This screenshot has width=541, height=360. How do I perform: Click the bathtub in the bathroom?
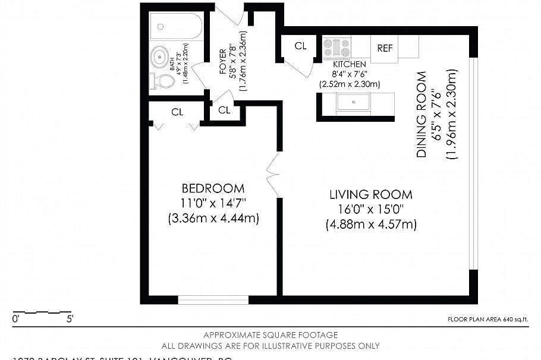click(x=177, y=27)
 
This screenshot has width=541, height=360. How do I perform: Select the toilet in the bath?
click(x=163, y=80)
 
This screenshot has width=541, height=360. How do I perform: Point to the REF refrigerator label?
click(x=385, y=48)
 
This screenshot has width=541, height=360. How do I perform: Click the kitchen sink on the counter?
click(x=353, y=103)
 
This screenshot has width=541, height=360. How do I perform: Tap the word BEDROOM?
click(x=213, y=188)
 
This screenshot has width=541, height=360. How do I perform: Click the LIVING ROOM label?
click(x=371, y=195)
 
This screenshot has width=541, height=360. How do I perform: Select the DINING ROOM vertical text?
click(x=422, y=114)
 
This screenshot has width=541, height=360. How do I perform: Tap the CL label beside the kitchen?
click(x=300, y=46)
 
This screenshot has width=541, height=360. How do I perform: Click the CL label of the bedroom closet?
click(x=177, y=112)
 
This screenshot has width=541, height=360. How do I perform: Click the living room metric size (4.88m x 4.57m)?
click(x=371, y=225)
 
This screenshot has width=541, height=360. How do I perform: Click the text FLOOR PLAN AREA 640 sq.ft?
click(x=487, y=320)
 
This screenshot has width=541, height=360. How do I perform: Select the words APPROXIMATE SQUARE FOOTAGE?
click(x=270, y=335)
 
